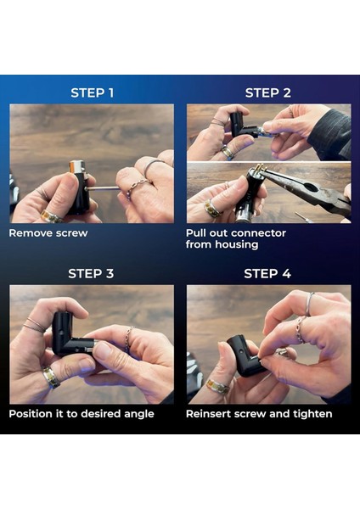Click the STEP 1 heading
(93, 92)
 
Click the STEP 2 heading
(268, 92)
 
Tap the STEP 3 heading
(91, 274)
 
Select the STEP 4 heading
(267, 274)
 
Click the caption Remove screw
(48, 233)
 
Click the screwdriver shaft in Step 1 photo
(102, 188)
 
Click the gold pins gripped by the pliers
(258, 169)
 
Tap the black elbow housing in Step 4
(246, 357)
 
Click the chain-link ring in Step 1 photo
(137, 187)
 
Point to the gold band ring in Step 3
(51, 378)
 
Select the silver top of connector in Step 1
(76, 167)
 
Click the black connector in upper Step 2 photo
(242, 126)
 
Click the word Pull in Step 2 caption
(196, 233)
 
